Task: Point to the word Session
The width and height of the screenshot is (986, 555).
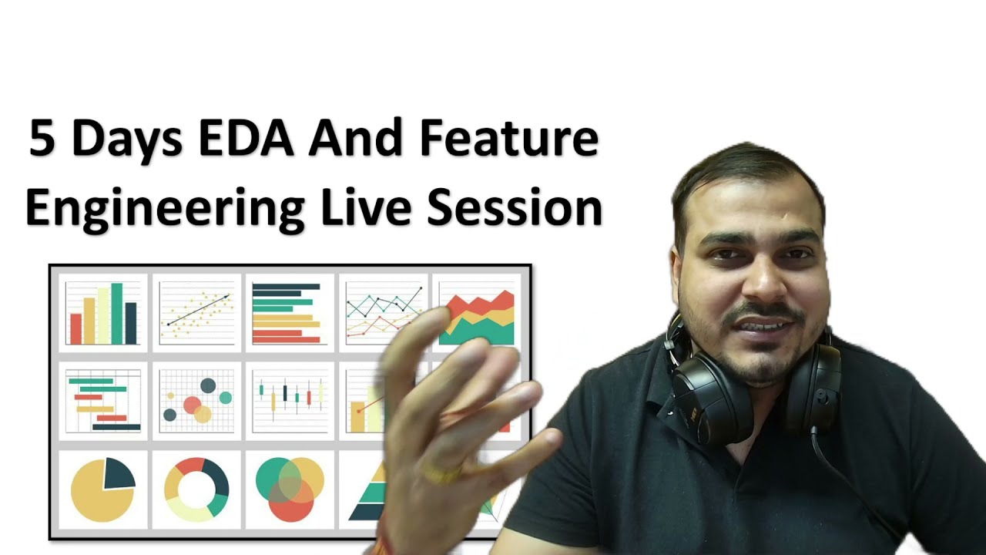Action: coord(514,207)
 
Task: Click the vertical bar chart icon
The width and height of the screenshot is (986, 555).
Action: coord(103,313)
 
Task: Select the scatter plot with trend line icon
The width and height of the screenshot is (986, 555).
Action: coord(197,313)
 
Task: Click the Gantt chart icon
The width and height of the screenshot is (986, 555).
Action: coord(103,401)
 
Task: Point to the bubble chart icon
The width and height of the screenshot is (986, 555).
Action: coord(197,401)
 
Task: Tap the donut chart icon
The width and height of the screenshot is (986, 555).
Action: coord(197,489)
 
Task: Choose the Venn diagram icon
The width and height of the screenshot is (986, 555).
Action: coord(290,489)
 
